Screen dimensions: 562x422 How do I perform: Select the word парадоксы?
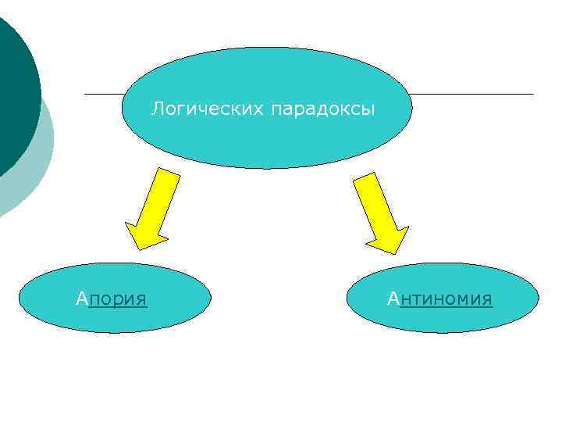323,109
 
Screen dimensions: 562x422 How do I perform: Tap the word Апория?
112,299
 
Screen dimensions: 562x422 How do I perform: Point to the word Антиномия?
440,299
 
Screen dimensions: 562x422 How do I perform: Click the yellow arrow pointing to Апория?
154,207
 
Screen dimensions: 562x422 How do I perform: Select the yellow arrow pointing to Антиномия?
378,211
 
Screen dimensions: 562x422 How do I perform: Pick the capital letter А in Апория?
82,299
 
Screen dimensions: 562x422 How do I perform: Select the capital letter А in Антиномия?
393,299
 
